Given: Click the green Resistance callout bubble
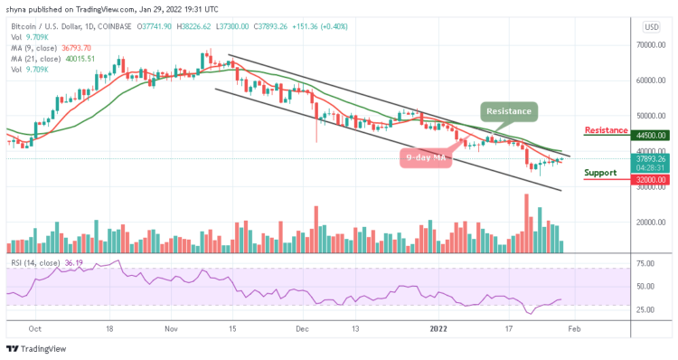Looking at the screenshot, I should pyautogui.click(x=509, y=111).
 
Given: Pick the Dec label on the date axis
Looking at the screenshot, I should pyautogui.click(x=303, y=330).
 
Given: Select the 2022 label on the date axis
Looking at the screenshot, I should pyautogui.click(x=438, y=330).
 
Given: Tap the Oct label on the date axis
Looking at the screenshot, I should pyautogui.click(x=36, y=330).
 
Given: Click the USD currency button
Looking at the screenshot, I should pyautogui.click(x=650, y=26).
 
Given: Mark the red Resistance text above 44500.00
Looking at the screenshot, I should pyautogui.click(x=606, y=130).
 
